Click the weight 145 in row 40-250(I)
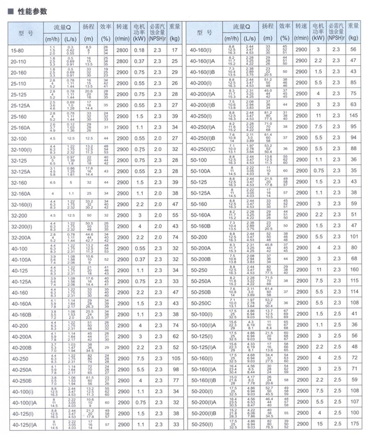point(353,115)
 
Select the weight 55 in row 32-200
point(174,215)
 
